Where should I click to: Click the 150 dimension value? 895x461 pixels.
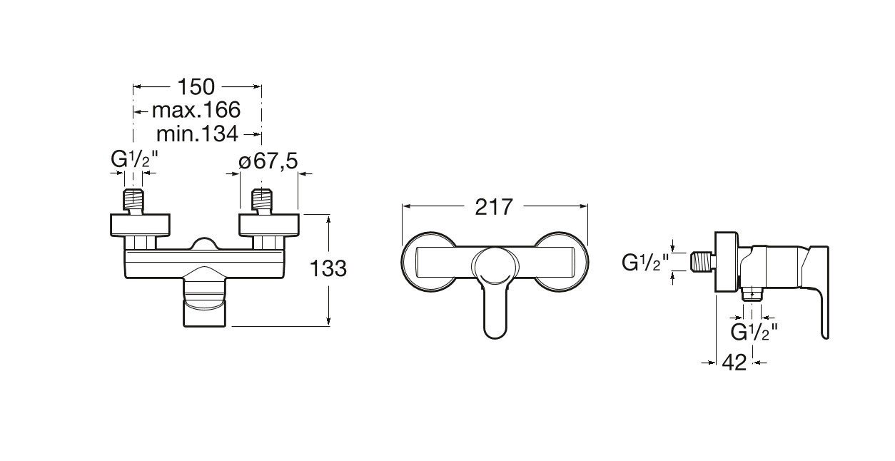pyautogui.click(x=196, y=86)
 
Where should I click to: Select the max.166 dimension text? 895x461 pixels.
pyautogui.click(x=196, y=110)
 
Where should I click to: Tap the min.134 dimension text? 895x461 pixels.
pyautogui.click(x=198, y=134)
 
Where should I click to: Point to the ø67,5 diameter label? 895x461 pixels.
pyautogui.click(x=268, y=161)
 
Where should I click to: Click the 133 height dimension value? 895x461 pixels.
pyautogui.click(x=328, y=268)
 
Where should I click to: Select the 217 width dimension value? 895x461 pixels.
pyautogui.click(x=493, y=207)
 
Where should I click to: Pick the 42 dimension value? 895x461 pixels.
pyautogui.click(x=734, y=363)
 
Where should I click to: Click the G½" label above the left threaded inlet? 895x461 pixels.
pyautogui.click(x=135, y=159)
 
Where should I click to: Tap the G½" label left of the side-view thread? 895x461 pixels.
pyautogui.click(x=645, y=263)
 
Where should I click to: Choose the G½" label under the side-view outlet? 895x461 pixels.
pyautogui.click(x=754, y=332)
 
